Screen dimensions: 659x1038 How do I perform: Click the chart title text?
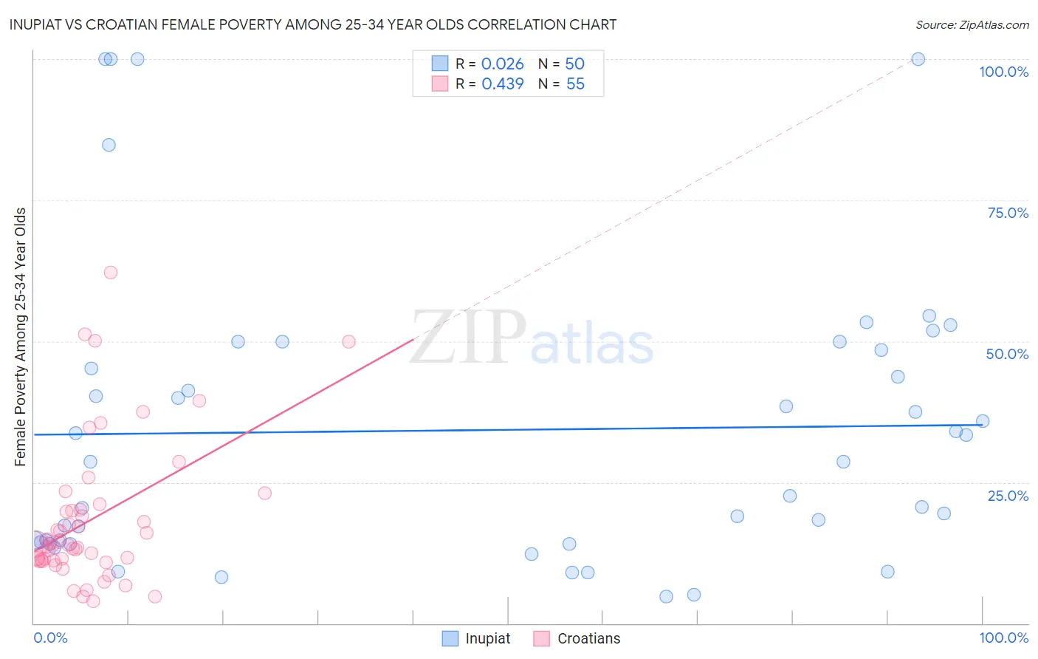pyautogui.click(x=312, y=24)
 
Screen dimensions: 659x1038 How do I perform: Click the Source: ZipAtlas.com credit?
pyautogui.click(x=972, y=24)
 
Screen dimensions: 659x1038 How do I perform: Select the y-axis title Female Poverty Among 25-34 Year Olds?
pyautogui.click(x=21, y=337)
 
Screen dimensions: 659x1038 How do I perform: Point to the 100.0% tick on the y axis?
pyautogui.click(x=1003, y=72)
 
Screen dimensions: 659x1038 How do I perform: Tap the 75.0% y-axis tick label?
pyautogui.click(x=1008, y=213)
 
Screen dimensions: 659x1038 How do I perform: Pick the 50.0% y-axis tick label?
pyautogui.click(x=1007, y=354)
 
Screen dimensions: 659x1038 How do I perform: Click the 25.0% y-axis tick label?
pyautogui.click(x=1008, y=496)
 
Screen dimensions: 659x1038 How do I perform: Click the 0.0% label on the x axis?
pyautogui.click(x=50, y=638)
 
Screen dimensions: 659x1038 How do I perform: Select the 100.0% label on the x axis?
pyautogui.click(x=1003, y=638)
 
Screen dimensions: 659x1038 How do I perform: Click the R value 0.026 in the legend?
pyautogui.click(x=502, y=64)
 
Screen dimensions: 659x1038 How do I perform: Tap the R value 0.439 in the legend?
pyautogui.click(x=502, y=84)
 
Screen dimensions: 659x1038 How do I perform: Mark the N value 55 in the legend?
pyautogui.click(x=575, y=84)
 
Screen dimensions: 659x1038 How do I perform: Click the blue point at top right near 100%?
pyautogui.click(x=918, y=59)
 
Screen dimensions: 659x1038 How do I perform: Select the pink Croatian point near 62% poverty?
pyautogui.click(x=111, y=272)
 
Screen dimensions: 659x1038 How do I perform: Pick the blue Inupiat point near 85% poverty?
pyautogui.click(x=109, y=145)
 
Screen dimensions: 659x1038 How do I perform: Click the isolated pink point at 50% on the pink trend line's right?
pyautogui.click(x=348, y=341)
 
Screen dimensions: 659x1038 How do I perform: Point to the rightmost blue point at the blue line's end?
pyautogui.click(x=983, y=421)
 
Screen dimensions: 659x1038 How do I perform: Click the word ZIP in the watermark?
pyautogui.click(x=468, y=338)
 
